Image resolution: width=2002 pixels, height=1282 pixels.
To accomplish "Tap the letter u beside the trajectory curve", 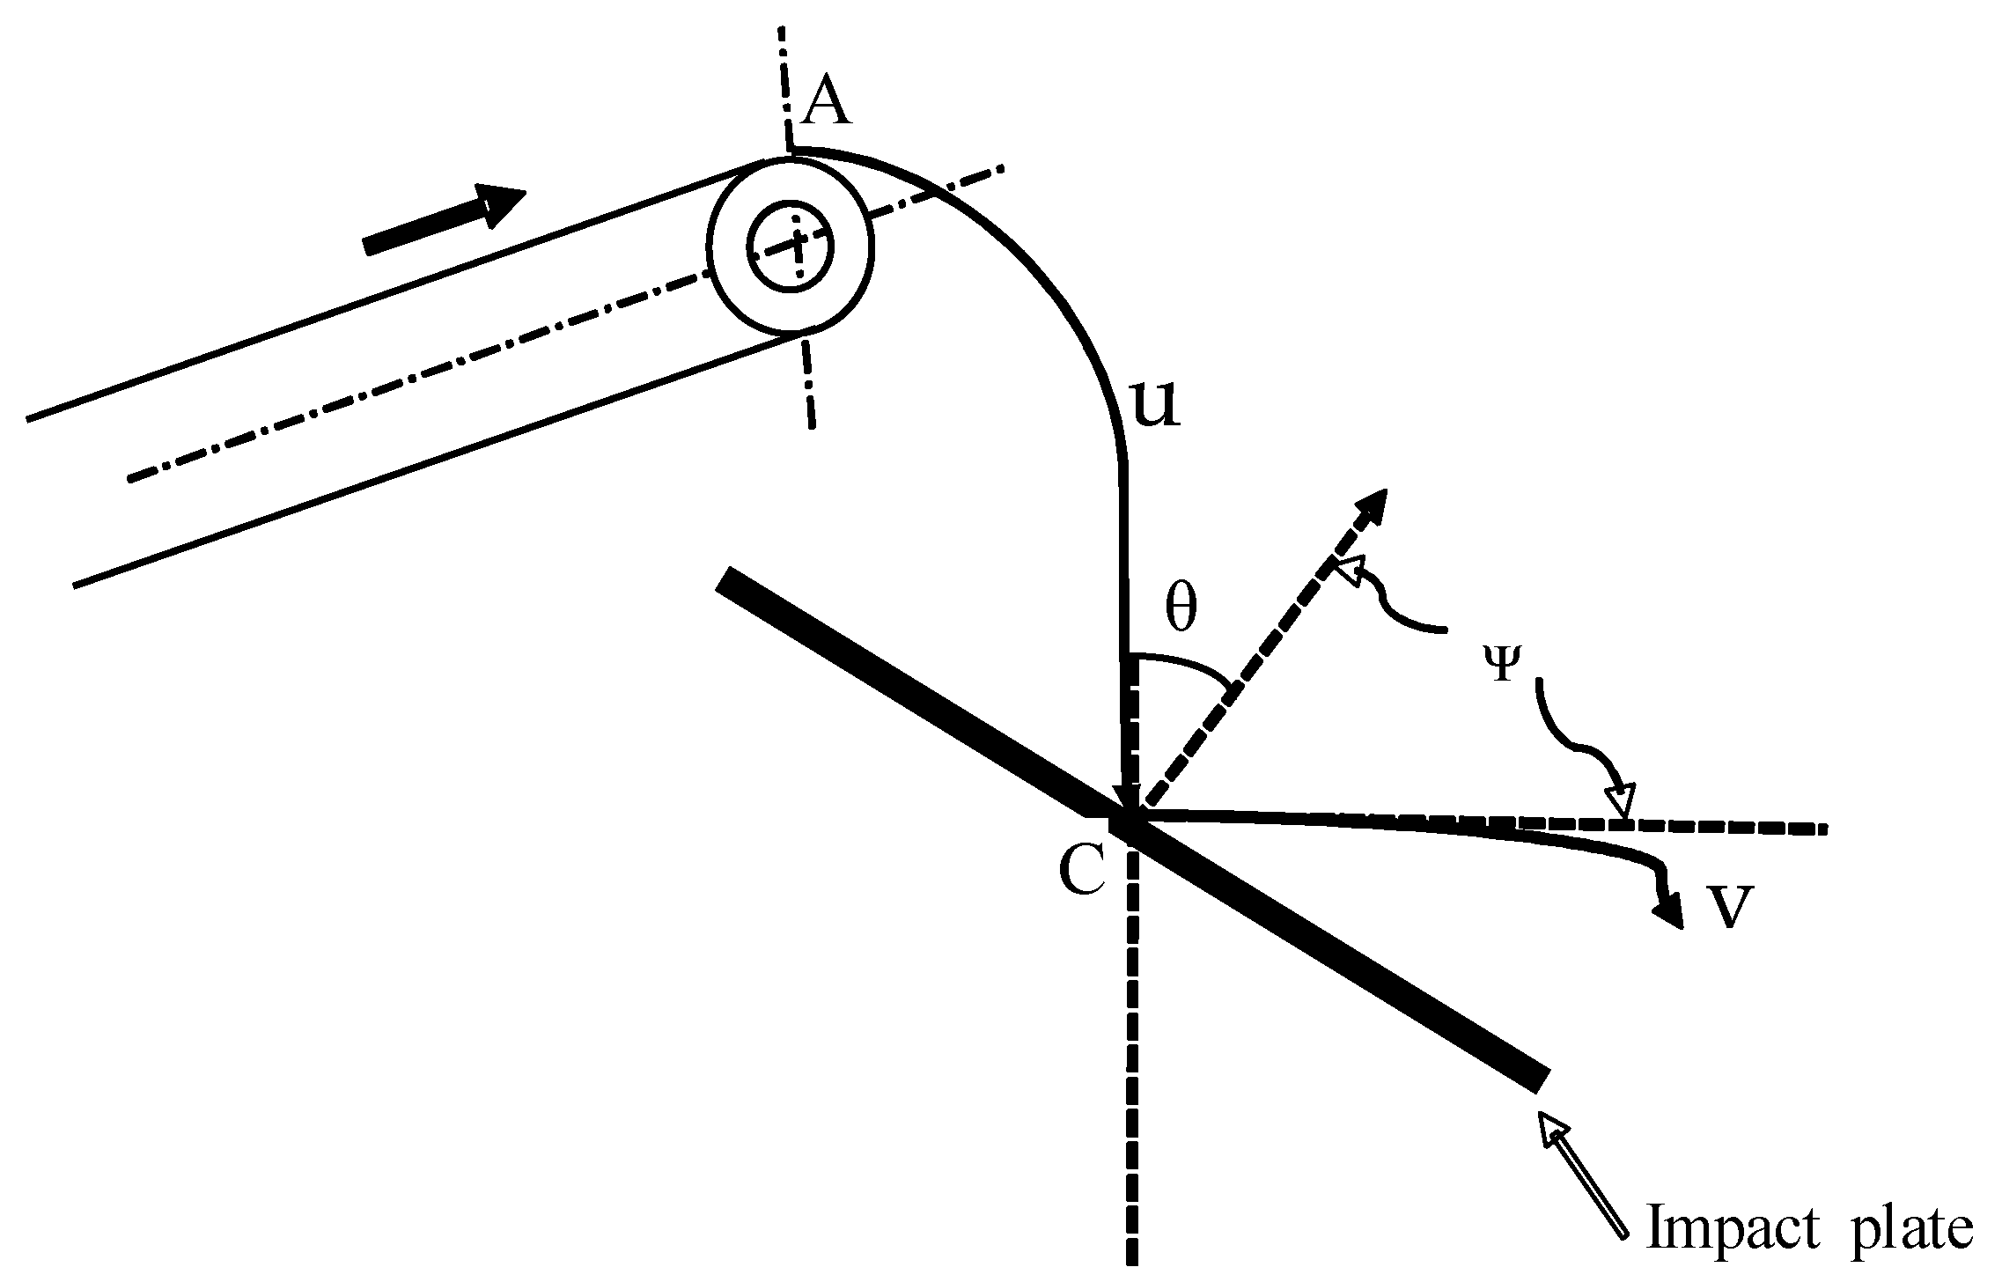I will pos(1154,407).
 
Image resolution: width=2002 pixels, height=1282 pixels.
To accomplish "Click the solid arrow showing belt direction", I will pos(445,218).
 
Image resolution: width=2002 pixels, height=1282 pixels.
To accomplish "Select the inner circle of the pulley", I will pos(790,246).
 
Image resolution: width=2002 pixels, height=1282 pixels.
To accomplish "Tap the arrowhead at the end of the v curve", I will pos(1669,912).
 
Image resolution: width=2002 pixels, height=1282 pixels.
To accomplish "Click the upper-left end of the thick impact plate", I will pos(725,581).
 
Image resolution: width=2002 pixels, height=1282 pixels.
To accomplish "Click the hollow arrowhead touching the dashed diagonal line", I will pos(1348,569).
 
